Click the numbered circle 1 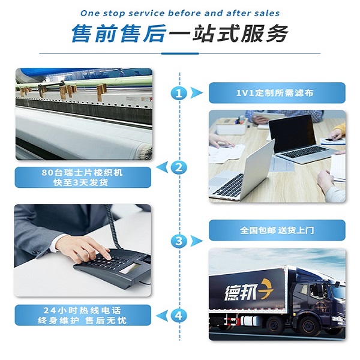click(178, 93)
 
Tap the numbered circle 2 click(178, 167)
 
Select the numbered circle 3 click(178, 241)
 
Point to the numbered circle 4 click(178, 315)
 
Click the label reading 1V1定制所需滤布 click(277, 93)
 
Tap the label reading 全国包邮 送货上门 click(277, 230)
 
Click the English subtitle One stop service click(180, 13)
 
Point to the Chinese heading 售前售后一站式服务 click(180, 34)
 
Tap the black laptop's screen click(292, 133)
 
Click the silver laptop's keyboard click(230, 185)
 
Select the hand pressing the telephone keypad click(90, 247)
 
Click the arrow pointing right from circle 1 click(196, 93)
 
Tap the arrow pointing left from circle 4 click(160, 315)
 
